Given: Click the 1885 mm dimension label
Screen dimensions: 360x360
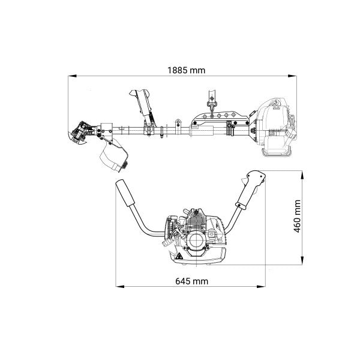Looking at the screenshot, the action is [186, 70].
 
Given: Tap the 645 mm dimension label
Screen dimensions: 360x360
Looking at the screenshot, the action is [192, 281].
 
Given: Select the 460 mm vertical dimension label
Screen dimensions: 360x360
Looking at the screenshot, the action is [298, 216].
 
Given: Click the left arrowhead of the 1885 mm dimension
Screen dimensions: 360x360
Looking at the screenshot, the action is [73, 76].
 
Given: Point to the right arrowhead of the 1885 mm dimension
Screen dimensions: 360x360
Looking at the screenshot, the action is [292, 76].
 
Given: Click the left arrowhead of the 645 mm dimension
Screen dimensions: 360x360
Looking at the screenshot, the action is [120, 287].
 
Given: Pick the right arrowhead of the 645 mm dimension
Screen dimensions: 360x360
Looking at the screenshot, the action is [261, 287].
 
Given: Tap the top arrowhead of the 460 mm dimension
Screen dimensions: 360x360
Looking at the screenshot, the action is [302, 175].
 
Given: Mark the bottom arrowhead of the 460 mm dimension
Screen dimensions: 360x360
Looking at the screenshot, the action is [302, 260].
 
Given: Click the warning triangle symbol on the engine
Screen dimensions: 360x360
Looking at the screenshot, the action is [179, 256].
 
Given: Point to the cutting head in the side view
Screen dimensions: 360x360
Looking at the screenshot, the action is [80, 134].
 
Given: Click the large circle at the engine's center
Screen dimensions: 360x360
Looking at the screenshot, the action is [196, 240].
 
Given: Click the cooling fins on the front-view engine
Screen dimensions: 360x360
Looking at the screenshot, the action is [196, 221].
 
